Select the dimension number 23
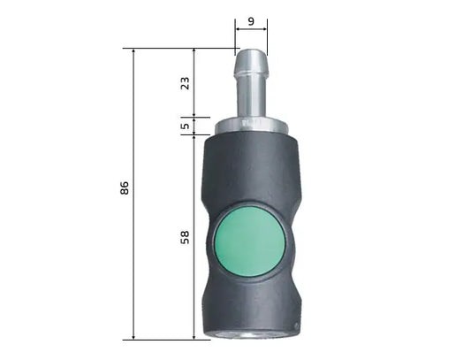[184, 83]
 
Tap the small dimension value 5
[184, 126]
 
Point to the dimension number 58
[184, 239]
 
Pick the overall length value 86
[124, 188]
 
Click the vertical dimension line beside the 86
[133, 265]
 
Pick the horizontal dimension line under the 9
[250, 29]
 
